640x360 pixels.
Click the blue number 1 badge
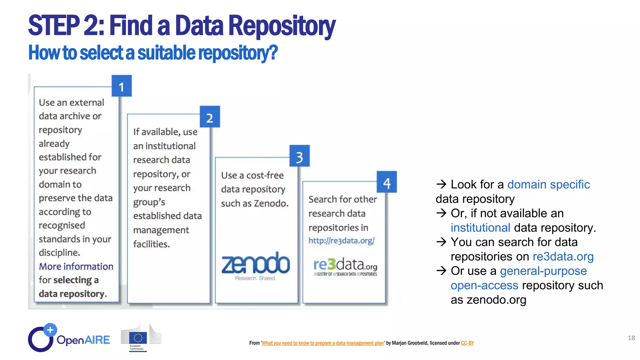tap(122, 86)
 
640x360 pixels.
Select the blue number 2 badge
tap(210, 117)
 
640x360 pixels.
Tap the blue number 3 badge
tap(299, 156)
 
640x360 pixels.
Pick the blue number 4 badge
tap(387, 182)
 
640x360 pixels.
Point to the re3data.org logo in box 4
tap(345, 267)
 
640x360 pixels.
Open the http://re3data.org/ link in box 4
tap(341, 241)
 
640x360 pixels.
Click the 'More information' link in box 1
tap(76, 266)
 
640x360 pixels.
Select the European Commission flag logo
tap(138, 338)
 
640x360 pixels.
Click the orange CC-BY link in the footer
tap(467, 343)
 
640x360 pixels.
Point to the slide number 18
tap(631, 338)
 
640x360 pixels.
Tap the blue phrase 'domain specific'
tap(548, 184)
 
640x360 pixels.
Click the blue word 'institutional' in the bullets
tap(480, 227)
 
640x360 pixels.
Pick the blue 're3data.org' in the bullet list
tap(563, 256)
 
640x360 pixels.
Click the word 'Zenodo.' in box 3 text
tap(271, 203)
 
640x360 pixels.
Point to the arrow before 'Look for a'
tap(441, 184)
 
